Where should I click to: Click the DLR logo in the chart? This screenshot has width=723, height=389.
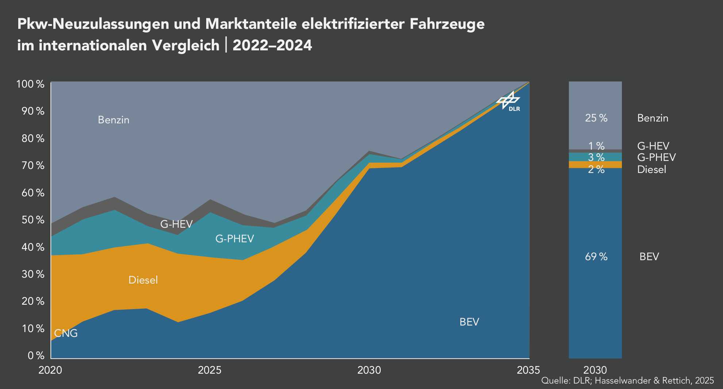[x=509, y=101]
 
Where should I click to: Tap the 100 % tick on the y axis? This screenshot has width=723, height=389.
[x=30, y=84]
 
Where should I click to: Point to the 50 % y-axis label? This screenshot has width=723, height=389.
[x=33, y=220]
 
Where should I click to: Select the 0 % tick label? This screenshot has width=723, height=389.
[x=36, y=355]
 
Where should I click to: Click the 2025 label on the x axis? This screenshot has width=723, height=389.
[x=209, y=370]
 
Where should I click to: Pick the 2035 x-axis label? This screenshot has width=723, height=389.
[x=528, y=370]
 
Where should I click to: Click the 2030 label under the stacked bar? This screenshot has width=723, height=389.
[x=595, y=370]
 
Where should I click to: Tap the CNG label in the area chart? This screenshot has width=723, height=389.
[x=66, y=333]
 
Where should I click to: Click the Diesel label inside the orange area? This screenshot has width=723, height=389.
[x=143, y=280]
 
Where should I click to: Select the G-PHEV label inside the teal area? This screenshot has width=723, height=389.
[x=234, y=239]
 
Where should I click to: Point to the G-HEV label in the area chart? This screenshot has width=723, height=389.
[x=176, y=224]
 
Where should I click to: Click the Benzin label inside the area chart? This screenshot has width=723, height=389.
[x=114, y=120]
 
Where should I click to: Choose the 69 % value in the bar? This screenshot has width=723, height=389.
[x=596, y=257]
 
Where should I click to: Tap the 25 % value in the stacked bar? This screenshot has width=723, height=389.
[x=596, y=118]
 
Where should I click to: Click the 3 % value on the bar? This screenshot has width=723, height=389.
[x=596, y=158]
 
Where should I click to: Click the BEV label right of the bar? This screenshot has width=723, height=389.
[x=649, y=257]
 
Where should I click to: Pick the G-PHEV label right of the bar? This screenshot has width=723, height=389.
[x=656, y=158]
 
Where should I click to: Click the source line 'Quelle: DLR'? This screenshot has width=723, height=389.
[x=627, y=381]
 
